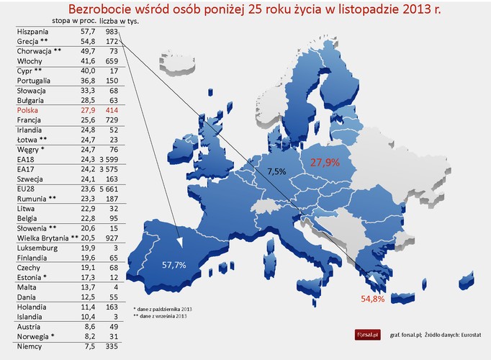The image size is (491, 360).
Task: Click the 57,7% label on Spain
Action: click(x=174, y=265)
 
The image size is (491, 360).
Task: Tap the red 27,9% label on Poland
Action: click(x=325, y=163)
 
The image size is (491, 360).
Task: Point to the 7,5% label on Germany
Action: click(x=277, y=172)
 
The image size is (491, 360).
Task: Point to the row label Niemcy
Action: click(x=29, y=346)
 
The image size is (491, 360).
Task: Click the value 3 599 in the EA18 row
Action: click(x=107, y=158)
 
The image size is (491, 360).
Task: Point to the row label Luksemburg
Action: click(x=35, y=246)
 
